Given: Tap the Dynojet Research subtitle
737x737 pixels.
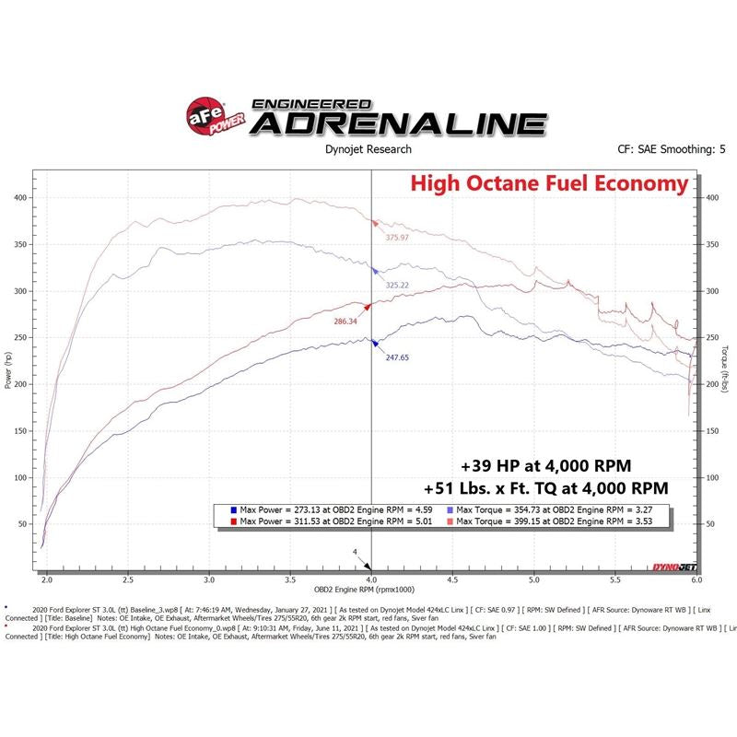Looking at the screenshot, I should coord(368,149).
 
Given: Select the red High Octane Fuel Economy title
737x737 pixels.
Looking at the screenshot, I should coord(549,184).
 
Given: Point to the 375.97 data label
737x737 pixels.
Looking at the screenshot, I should coord(403,237).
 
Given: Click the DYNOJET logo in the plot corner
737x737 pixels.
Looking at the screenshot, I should coord(677,564).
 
